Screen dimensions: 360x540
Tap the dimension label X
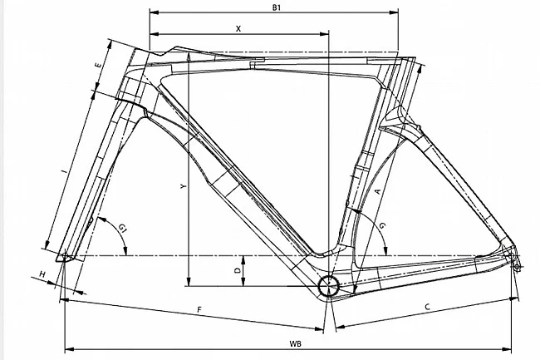coord(238,27)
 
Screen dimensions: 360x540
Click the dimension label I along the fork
coord(64,171)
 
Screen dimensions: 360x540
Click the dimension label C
coord(426,307)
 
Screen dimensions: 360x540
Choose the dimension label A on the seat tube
coord(378,191)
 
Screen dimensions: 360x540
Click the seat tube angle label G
coord(381,225)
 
